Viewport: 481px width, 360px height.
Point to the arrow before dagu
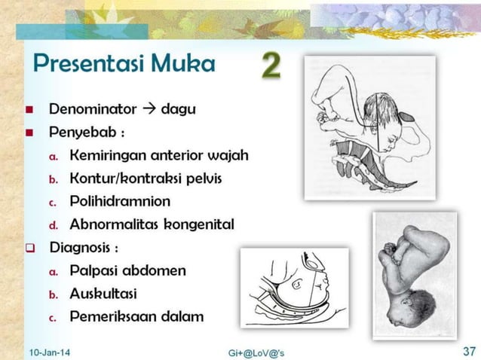149,109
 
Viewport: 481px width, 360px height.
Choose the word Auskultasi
103,293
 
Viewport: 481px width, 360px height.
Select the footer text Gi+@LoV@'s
256,352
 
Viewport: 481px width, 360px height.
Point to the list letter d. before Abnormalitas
54,225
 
